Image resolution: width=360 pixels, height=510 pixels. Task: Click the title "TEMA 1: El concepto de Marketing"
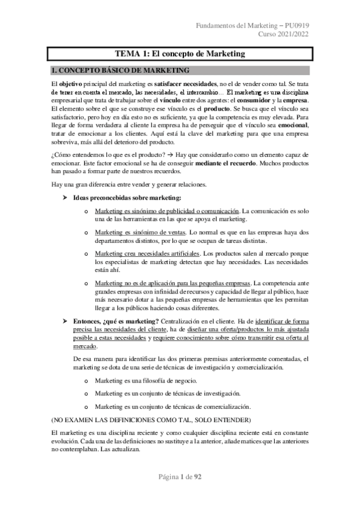[180, 54]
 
